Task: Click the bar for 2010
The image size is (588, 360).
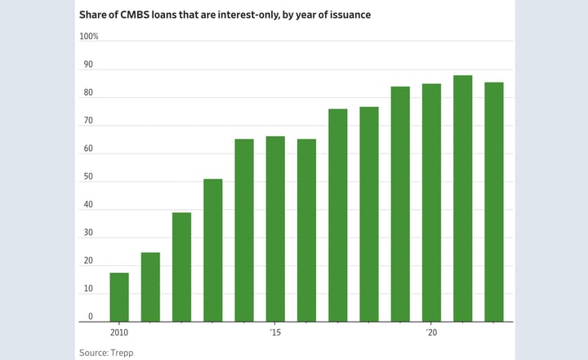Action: coord(119,297)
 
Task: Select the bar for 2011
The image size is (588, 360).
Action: coord(150,287)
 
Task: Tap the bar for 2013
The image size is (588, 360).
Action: coord(213,250)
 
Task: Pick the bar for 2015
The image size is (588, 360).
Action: coord(275,229)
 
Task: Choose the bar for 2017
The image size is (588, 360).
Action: coord(338,215)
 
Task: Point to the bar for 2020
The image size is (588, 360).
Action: coord(431,202)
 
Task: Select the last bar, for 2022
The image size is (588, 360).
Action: coord(494,202)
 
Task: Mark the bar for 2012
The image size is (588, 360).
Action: coord(181,267)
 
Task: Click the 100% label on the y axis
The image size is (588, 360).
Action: coord(88,37)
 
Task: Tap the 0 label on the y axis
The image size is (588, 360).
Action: coord(90,318)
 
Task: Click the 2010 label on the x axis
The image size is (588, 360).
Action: coord(119,333)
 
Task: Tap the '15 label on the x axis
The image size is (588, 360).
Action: coord(275,333)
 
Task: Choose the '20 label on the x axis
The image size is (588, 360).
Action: coord(431,333)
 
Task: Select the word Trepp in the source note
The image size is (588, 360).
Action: coord(124,352)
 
